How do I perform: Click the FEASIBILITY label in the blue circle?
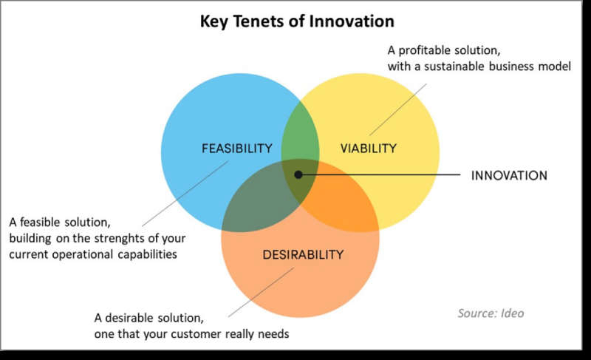click(x=236, y=148)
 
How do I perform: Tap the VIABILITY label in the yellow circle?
click(x=368, y=148)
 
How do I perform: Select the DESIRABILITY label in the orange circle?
click(x=303, y=254)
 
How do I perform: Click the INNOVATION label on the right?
click(x=509, y=175)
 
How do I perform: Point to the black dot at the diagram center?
click(x=298, y=174)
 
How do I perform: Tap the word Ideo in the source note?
click(x=512, y=313)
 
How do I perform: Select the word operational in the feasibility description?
click(x=83, y=254)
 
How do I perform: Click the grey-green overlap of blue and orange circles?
click(x=256, y=203)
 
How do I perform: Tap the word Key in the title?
click(x=214, y=21)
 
